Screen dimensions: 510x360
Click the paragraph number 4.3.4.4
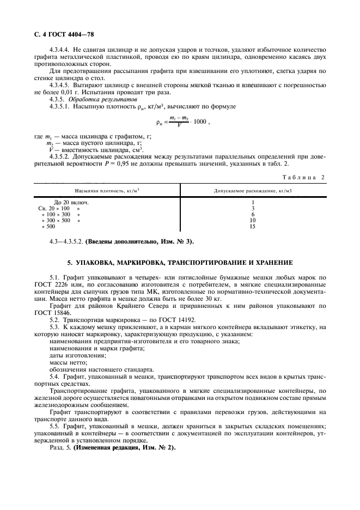(x=62, y=49)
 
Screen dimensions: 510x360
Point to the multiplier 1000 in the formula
(x=199, y=122)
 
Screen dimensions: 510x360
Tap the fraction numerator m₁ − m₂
(x=178, y=118)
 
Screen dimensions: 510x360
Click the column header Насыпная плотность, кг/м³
(x=107, y=190)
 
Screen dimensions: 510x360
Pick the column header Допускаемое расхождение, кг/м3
(x=252, y=190)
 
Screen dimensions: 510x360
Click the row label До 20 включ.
(x=71, y=202)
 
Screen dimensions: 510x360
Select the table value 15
(x=252, y=226)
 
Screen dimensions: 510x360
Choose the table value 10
(x=252, y=220)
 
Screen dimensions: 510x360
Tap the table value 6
(x=252, y=214)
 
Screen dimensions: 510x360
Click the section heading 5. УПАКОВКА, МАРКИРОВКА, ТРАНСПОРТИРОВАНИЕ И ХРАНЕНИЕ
(x=180, y=263)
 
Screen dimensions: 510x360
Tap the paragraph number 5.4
(x=54, y=377)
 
